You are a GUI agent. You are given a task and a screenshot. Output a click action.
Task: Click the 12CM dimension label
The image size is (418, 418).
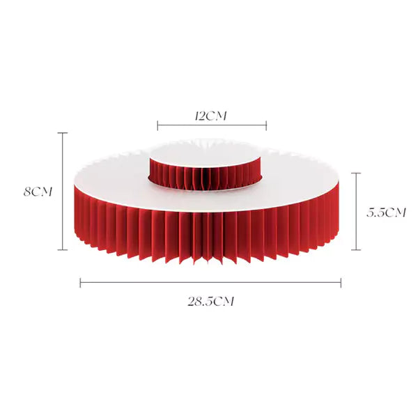pos(210,116)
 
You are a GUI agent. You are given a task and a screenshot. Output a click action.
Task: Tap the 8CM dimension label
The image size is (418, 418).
pos(38,192)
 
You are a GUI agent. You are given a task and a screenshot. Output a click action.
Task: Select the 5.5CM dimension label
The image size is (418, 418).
pos(386,212)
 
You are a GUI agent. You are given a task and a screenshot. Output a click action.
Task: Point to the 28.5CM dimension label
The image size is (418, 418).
pos(210,301)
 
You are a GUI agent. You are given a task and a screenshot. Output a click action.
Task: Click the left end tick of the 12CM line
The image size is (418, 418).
pos(157,125)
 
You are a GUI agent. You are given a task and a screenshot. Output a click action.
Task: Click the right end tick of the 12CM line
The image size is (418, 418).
pos(266,125)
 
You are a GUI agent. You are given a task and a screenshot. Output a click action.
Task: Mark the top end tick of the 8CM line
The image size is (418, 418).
pos(63,133)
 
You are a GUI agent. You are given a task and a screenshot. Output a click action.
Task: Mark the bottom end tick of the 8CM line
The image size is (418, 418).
pos(63,250)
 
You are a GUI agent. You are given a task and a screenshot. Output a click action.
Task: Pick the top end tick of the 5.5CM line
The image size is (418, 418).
pos(356,173)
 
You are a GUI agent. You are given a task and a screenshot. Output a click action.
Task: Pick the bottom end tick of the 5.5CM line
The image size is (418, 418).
pos(356,250)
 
